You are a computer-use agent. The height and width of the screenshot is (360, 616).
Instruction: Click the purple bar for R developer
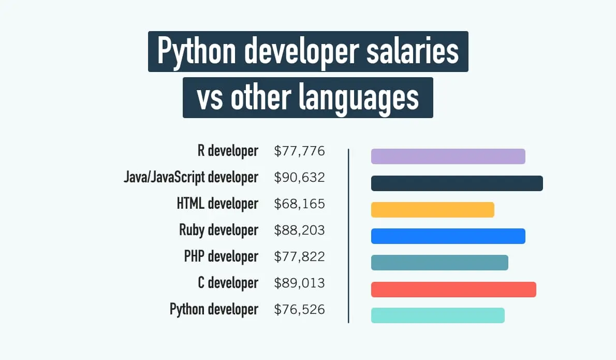[x=448, y=156]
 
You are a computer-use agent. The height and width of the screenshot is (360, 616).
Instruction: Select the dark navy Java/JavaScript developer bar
[x=457, y=183]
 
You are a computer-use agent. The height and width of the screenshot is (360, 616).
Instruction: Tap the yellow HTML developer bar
[x=432, y=210]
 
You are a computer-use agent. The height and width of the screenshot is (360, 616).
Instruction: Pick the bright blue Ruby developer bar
[x=448, y=236]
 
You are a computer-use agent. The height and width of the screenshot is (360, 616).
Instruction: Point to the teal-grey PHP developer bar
[x=439, y=263]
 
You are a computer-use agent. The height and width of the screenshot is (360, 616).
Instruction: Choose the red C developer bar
[x=453, y=289]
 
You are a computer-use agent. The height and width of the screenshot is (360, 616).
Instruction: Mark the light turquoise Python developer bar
[x=437, y=315]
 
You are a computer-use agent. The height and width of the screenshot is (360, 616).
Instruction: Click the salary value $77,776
[x=299, y=151]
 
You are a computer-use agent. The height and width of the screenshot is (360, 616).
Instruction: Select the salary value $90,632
[x=299, y=178]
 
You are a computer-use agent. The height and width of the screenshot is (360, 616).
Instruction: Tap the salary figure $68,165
[x=299, y=204]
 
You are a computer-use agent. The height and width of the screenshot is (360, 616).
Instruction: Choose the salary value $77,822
[x=299, y=257]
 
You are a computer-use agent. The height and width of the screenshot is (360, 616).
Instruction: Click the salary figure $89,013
[x=299, y=283]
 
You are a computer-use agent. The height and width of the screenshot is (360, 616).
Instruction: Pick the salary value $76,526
[x=299, y=310]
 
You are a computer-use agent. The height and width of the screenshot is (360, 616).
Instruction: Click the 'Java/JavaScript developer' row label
[x=190, y=177]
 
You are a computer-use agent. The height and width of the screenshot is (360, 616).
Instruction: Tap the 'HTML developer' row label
[x=217, y=204]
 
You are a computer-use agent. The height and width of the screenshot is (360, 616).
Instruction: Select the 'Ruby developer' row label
[x=218, y=230]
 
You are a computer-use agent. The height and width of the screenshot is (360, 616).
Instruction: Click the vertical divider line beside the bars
[x=348, y=236]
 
